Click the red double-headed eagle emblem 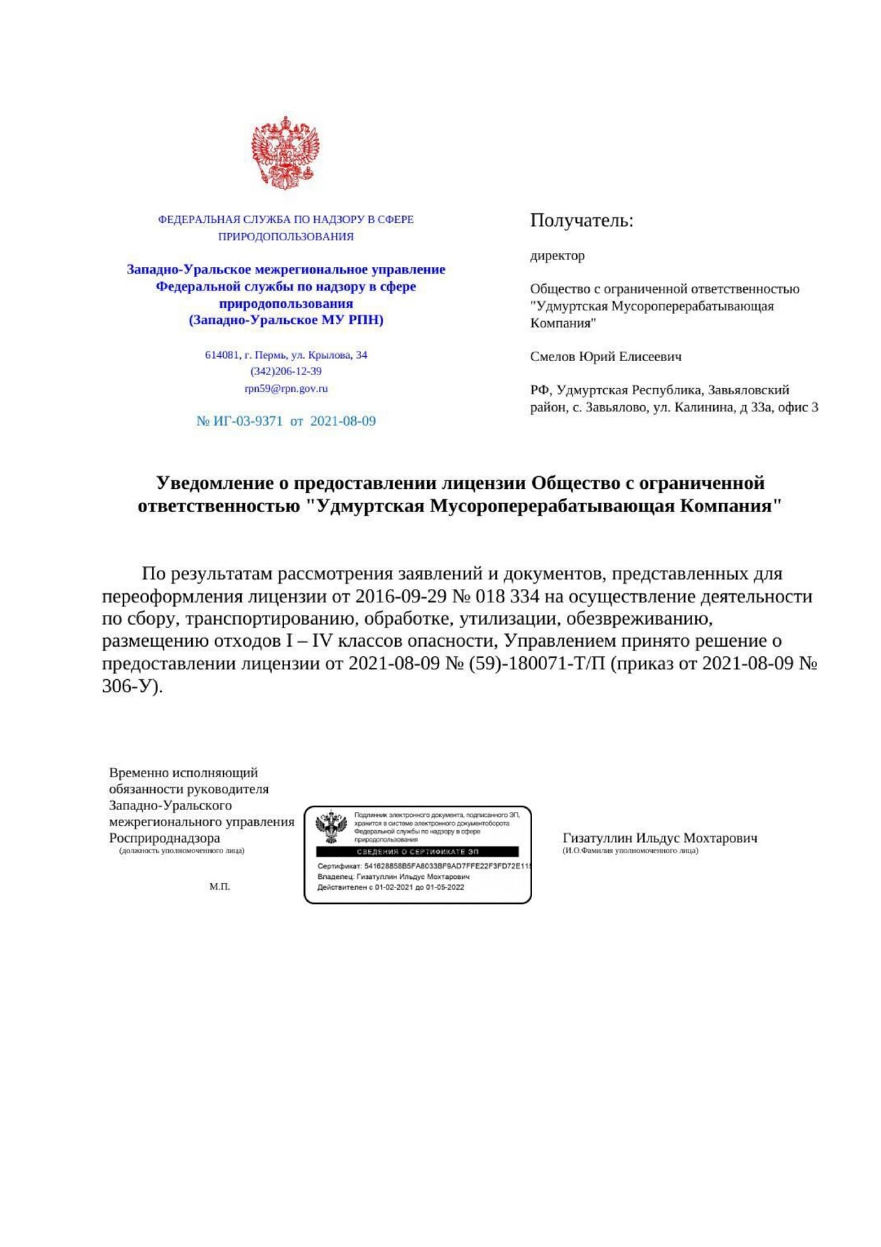(285, 153)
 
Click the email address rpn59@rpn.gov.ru (286, 389)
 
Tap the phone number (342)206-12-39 (286, 371)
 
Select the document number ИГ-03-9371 (247, 421)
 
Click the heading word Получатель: (581, 220)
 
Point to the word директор (557, 256)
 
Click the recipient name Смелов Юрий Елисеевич (605, 357)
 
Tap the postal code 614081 (222, 355)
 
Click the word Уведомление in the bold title (215, 483)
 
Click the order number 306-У (130, 686)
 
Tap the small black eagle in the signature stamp (331, 828)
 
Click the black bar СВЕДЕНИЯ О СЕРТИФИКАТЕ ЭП (417, 851)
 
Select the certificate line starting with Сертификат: (423, 866)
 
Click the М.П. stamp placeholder (220, 887)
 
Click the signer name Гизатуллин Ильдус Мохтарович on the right (659, 838)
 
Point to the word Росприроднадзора (164, 838)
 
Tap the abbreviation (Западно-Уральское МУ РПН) (286, 320)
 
